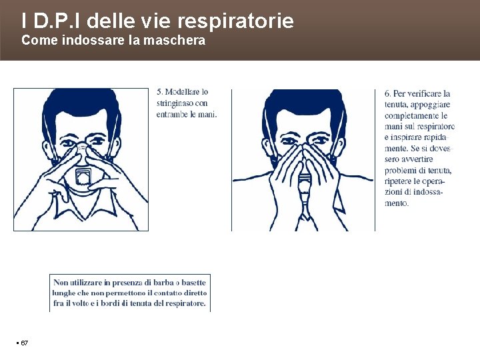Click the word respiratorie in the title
pyautogui.click(x=235, y=21)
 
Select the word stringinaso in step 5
pyautogui.click(x=175, y=103)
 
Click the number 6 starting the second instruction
pyautogui.click(x=387, y=93)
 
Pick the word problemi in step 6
pyautogui.click(x=397, y=170)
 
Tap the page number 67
pyautogui.click(x=24, y=343)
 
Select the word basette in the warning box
pyautogui.click(x=194, y=282)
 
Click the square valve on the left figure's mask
pyautogui.click(x=83, y=177)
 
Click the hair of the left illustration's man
pyautogui.click(x=82, y=104)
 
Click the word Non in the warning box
pyautogui.click(x=60, y=282)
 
